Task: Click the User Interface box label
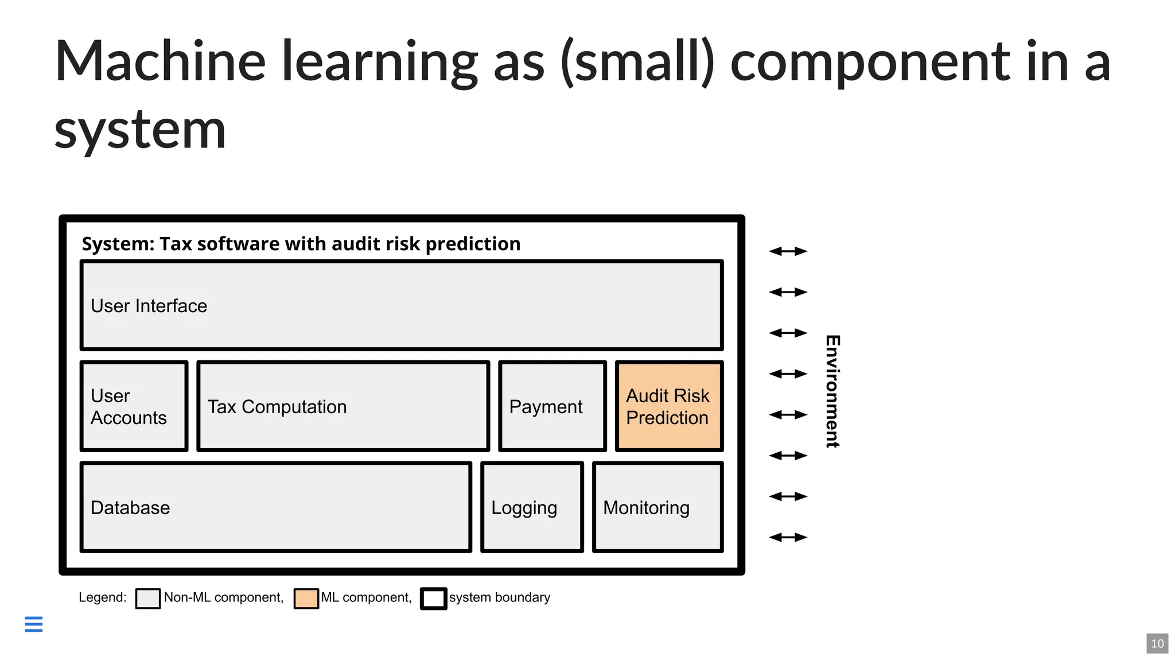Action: click(149, 306)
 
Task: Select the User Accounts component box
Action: click(134, 406)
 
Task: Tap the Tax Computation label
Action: click(277, 407)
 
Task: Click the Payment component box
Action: click(552, 406)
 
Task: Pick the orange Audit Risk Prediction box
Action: click(669, 406)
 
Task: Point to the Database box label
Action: click(130, 508)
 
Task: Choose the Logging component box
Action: click(532, 507)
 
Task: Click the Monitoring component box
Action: click(657, 507)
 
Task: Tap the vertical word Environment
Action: click(832, 391)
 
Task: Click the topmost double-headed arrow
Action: click(788, 251)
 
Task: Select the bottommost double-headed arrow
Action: click(788, 537)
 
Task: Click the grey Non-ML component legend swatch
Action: click(148, 598)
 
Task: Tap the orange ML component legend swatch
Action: click(306, 598)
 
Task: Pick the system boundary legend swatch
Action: click(433, 598)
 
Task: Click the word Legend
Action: click(102, 597)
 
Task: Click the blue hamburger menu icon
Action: click(34, 624)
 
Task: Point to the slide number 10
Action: click(1157, 643)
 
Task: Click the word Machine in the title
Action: click(160, 61)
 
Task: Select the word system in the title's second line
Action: click(140, 130)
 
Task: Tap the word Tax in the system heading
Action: click(176, 244)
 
